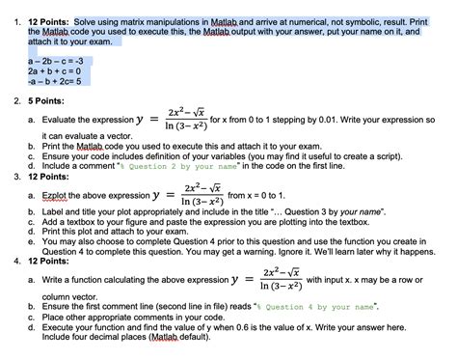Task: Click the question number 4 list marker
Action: point(10,262)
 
